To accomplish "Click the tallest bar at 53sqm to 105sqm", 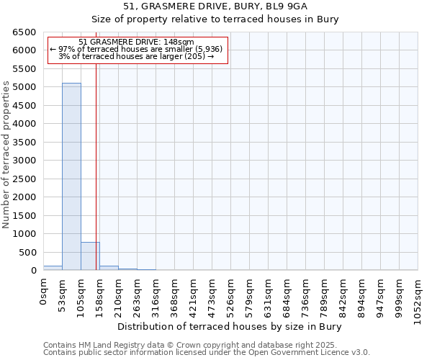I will (x=71, y=176).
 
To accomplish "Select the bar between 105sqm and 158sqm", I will (x=90, y=256).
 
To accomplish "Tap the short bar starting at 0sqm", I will (x=53, y=268).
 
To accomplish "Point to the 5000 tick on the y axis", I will (x=25, y=87).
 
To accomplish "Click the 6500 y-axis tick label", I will (x=25, y=32).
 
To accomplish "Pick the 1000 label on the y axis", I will (x=25, y=234).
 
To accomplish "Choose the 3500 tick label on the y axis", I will (x=25, y=143).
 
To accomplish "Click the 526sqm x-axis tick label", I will (x=230, y=295).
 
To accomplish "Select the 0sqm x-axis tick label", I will (x=43, y=292).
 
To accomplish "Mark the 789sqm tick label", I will (x=324, y=295).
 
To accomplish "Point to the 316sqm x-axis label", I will (x=156, y=295).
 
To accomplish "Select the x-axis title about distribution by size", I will (x=229, y=326).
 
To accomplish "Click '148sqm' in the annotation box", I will (x=177, y=42).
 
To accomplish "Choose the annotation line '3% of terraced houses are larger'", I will (x=136, y=56).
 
